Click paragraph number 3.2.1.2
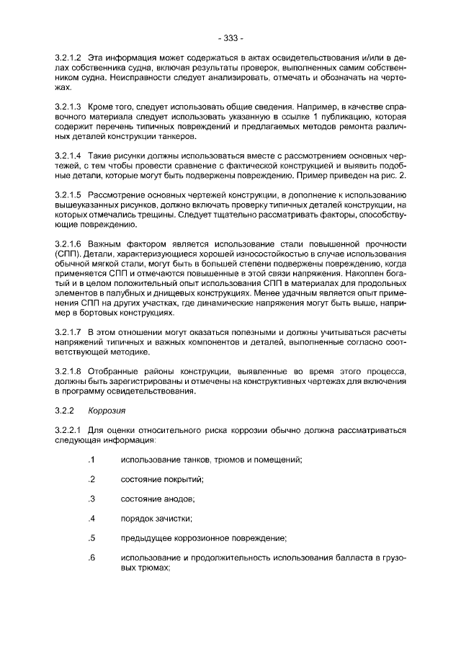(x=68, y=57)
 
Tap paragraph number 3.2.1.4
(x=68, y=156)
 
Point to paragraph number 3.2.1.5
(x=68, y=196)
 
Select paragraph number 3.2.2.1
(x=68, y=431)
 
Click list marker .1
(x=91, y=460)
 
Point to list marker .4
(x=91, y=518)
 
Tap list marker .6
(x=91, y=557)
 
